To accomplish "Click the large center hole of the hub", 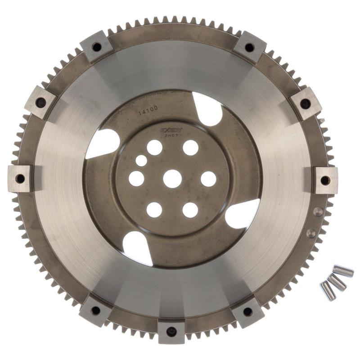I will click(x=172, y=179).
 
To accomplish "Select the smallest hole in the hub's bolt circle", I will click(x=141, y=161).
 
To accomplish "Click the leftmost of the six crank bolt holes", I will click(x=136, y=179).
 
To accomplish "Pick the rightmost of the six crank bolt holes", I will click(x=208, y=179).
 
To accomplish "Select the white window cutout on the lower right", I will click(x=243, y=214).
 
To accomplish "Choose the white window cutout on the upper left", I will click(x=103, y=143).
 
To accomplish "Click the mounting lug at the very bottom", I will click(x=171, y=332).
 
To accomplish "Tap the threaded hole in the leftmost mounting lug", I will click(x=20, y=179).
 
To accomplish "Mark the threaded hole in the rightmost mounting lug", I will click(x=324, y=180).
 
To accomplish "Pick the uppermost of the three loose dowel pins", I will click(x=343, y=271).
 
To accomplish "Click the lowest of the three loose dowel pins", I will click(x=327, y=290).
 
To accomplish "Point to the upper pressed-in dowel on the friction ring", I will click(x=318, y=211).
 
